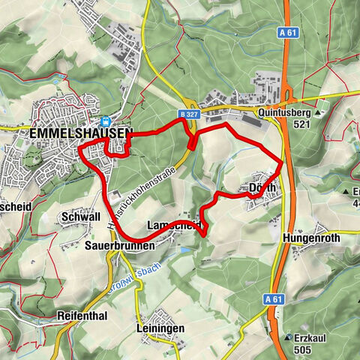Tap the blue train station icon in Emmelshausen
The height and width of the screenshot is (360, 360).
coord(106,121)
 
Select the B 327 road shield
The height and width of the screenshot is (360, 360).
coord(190,112)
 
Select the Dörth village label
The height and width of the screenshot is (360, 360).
coord(262,187)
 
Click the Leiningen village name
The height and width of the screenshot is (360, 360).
coord(161,328)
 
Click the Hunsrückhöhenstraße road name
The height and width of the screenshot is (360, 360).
coord(136,201)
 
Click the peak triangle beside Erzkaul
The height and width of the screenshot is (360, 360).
coord(288,337)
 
